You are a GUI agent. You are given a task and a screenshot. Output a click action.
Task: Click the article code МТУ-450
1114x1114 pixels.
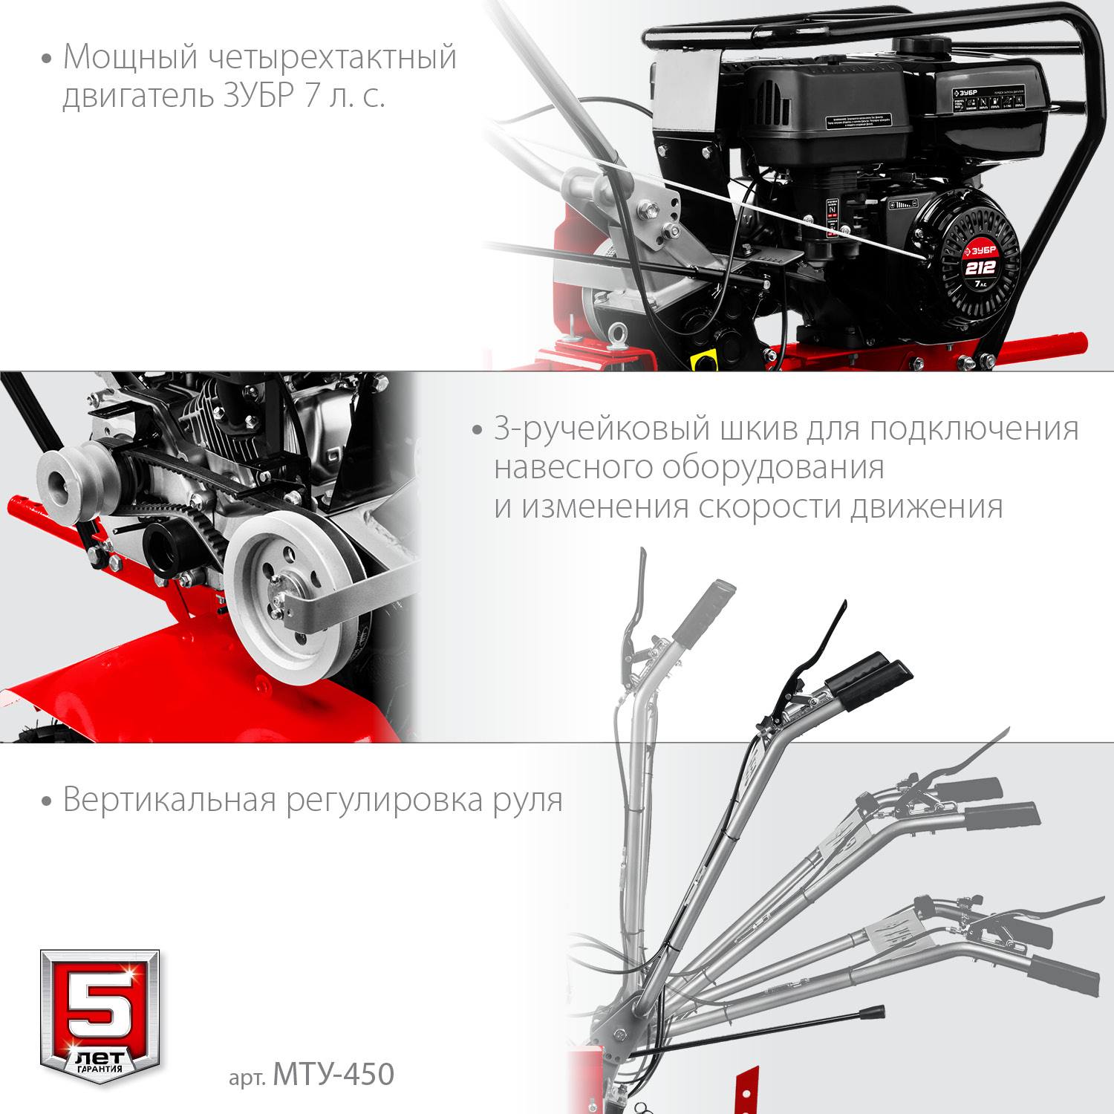click(333, 1074)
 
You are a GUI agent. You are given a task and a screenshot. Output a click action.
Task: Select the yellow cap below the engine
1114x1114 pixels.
click(702, 360)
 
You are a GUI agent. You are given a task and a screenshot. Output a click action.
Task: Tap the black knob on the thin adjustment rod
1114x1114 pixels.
click(872, 1012)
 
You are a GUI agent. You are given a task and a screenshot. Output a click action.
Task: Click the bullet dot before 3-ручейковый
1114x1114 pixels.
click(478, 431)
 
